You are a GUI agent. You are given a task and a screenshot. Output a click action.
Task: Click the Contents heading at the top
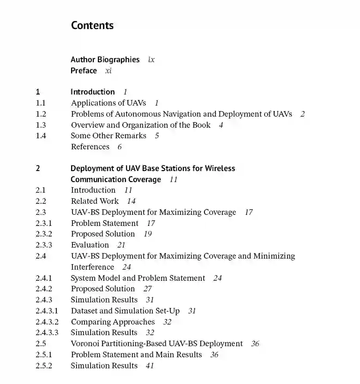(92, 25)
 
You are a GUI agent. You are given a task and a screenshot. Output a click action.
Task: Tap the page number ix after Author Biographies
(151, 59)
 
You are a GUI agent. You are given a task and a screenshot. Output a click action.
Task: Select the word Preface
(84, 71)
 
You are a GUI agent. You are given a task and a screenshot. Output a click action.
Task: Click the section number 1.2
(41, 114)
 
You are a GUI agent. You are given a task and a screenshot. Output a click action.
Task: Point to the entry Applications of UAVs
(108, 103)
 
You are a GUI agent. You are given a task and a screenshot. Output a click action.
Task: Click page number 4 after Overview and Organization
(221, 125)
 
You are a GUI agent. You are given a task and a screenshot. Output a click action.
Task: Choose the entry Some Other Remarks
(108, 136)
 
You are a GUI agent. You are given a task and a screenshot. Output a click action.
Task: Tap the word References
(90, 147)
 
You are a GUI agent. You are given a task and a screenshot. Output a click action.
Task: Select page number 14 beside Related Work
(132, 201)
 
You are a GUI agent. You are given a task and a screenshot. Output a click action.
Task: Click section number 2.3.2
(44, 234)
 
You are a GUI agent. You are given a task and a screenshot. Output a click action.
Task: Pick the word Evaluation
(90, 245)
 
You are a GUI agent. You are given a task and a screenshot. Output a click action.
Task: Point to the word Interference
(92, 267)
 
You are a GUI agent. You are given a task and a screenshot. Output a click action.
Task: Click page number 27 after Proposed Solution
(148, 289)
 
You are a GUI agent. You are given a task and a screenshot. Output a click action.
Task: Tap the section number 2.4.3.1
(47, 311)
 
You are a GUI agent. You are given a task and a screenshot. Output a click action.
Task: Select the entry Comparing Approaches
(113, 322)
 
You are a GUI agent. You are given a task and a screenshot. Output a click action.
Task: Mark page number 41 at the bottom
(150, 366)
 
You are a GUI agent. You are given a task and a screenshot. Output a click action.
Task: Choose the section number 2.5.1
(44, 354)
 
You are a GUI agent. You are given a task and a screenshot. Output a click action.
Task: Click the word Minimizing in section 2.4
(274, 256)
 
